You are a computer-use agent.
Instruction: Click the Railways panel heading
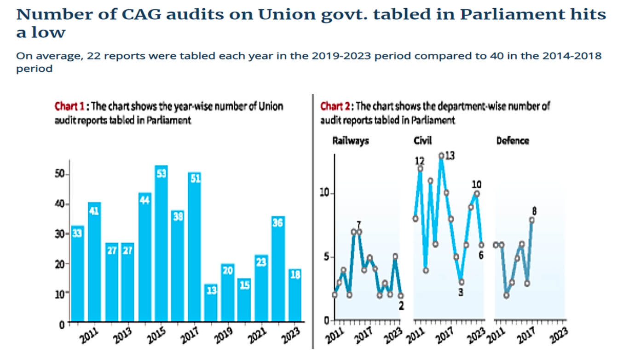click(x=351, y=141)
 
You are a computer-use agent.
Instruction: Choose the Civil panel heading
click(x=423, y=141)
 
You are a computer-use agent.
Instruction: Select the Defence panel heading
click(x=513, y=141)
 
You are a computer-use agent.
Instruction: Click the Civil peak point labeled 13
click(x=441, y=156)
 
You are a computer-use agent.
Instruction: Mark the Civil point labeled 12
click(x=420, y=168)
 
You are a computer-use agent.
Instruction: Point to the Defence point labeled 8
click(x=532, y=220)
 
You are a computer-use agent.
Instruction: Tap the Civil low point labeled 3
click(x=461, y=282)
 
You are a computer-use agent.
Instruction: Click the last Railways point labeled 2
click(x=401, y=296)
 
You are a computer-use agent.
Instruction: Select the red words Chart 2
click(x=335, y=106)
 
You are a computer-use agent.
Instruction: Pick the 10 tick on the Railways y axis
click(x=326, y=193)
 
